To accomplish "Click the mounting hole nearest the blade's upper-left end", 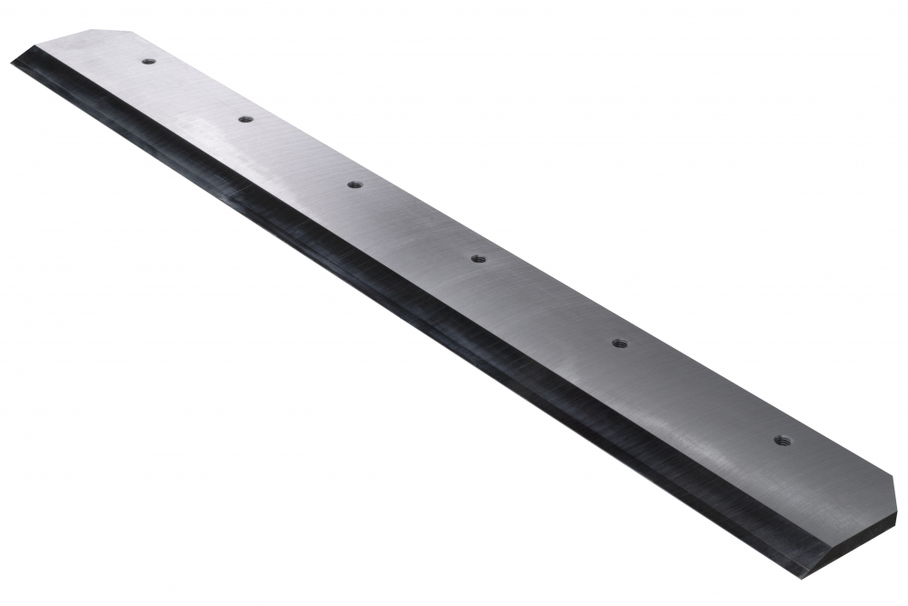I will click(x=148, y=62).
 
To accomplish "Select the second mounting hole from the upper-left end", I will click(x=245, y=119).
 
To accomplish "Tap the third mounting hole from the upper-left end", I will click(x=354, y=184).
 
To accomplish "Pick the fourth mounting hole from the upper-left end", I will click(x=479, y=259).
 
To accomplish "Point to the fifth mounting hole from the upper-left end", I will click(x=619, y=343).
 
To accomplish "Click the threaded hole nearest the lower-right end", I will click(x=782, y=441).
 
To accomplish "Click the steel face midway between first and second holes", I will click(x=196, y=91).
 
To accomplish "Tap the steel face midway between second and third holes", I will click(x=300, y=152).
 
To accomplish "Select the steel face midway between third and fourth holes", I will click(x=416, y=222).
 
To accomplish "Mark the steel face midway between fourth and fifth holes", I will click(x=548, y=301).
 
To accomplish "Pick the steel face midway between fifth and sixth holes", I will click(x=700, y=392).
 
